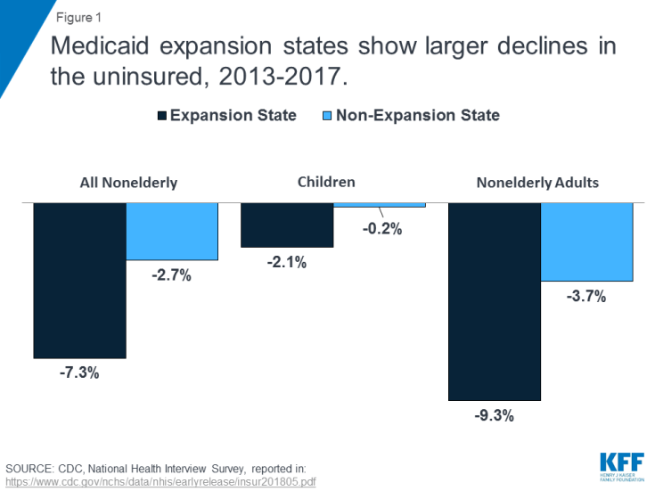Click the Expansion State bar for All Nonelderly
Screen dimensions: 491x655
[x=79, y=280]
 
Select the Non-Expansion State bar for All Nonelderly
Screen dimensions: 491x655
[x=172, y=231]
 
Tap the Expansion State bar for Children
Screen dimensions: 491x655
[x=287, y=225]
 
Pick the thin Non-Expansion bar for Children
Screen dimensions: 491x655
[x=380, y=205]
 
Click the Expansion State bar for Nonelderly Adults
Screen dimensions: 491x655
[x=494, y=301]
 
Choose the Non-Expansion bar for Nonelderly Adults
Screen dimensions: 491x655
[x=586, y=241]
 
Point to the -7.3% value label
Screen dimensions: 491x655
[x=79, y=372]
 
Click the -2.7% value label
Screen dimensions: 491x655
[x=172, y=275]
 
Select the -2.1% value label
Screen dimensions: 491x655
[x=287, y=262]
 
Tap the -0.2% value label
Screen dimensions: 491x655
[x=383, y=229]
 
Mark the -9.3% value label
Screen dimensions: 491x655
[x=494, y=415]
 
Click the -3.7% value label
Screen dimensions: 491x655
[x=586, y=297]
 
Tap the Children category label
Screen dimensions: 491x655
[x=326, y=182]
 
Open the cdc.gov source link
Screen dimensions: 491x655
[x=161, y=481]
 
